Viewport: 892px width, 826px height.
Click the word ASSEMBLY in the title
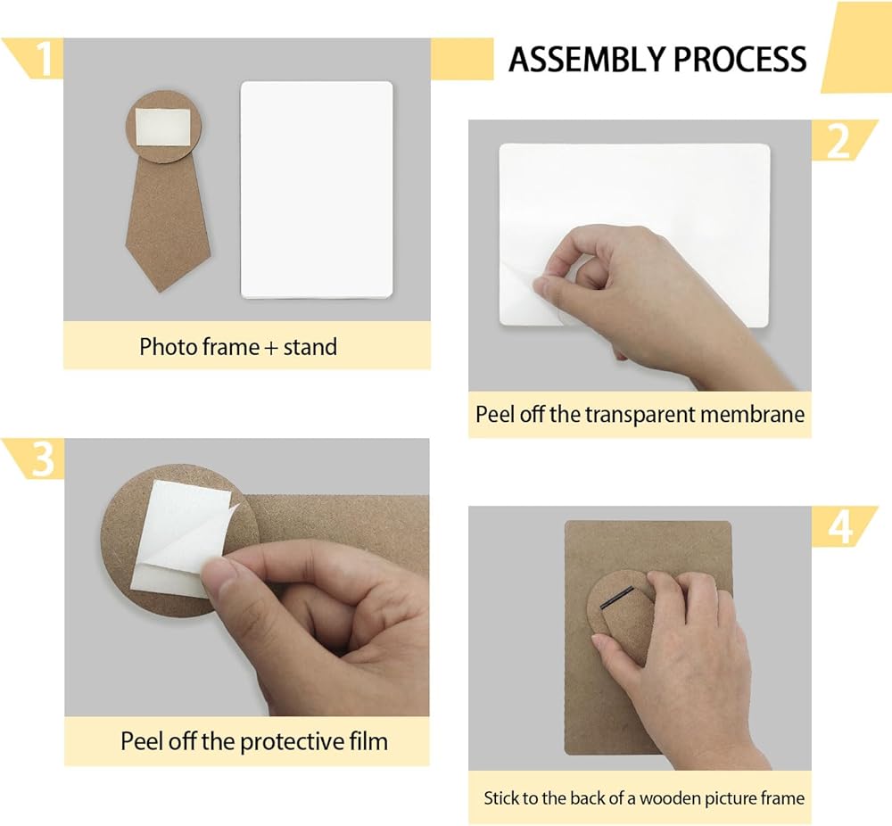[587, 59]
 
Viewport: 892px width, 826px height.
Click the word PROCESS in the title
[739, 59]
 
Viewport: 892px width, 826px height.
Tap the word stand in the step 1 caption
[310, 346]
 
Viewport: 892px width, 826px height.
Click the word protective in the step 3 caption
[285, 742]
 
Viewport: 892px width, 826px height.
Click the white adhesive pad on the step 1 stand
[163, 127]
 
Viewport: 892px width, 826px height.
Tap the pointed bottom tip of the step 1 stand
[161, 292]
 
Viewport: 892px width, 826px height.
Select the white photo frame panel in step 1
[317, 189]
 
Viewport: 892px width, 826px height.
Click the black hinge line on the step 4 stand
[617, 597]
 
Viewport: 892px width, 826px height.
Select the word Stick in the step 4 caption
[501, 798]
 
